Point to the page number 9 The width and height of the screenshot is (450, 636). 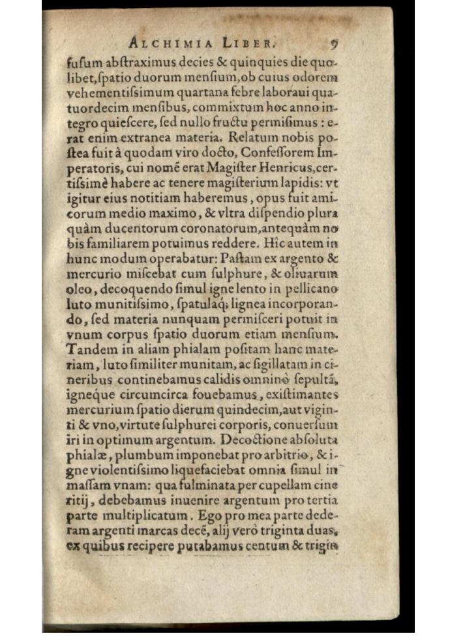[x=334, y=44]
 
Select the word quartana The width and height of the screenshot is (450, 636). [x=202, y=93]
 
